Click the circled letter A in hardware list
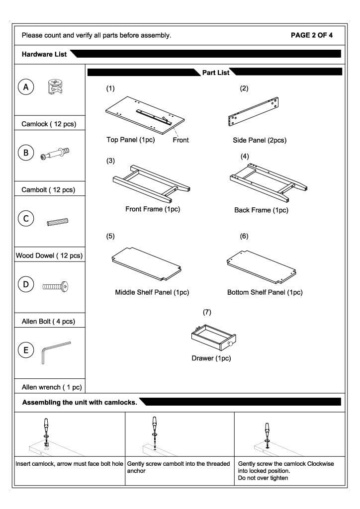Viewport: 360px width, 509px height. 26,87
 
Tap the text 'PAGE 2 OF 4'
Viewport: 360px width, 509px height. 311,35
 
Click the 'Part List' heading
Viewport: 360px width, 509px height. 216,73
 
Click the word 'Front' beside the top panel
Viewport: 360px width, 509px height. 180,140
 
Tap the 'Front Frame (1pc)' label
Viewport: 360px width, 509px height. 152,209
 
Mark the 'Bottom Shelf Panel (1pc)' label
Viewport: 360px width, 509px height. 265,293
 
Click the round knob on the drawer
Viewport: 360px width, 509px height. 230,344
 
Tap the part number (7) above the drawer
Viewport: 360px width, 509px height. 207,312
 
